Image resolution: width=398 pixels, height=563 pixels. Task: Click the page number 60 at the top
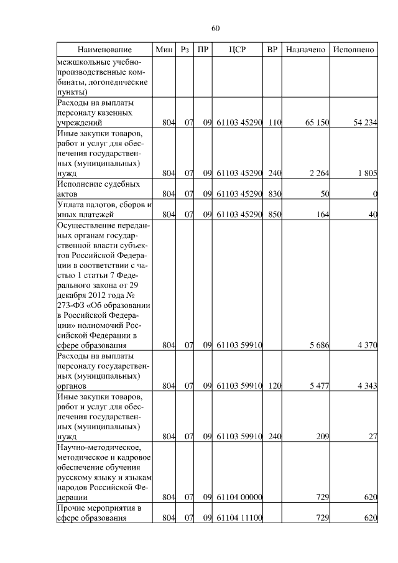[215, 29]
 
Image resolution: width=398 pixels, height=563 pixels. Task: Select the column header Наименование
[104, 49]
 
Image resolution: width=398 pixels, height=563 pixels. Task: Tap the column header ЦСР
[238, 49]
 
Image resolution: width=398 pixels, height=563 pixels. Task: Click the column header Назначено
[305, 49]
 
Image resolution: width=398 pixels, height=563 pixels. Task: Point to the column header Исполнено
[353, 49]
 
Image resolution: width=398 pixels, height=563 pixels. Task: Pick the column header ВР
[272, 49]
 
